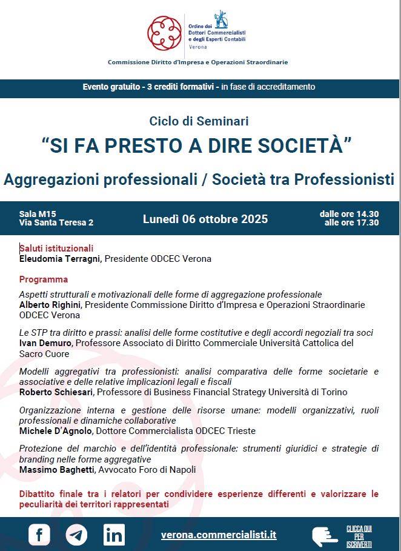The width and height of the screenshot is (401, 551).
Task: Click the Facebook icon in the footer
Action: [39, 534]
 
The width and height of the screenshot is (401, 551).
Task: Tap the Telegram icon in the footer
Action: [76, 534]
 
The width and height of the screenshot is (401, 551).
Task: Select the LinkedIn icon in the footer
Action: [114, 534]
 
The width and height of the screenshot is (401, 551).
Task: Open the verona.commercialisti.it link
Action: [219, 535]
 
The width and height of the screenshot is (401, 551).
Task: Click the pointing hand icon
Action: [324, 535]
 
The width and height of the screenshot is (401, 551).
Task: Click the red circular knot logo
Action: [164, 33]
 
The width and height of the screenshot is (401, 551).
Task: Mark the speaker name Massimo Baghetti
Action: [56, 470]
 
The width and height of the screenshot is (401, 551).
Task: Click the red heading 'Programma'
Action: [44, 279]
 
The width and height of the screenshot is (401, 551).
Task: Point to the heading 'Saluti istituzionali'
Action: [56, 248]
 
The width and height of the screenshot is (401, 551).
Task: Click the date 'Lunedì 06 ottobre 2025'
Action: [205, 219]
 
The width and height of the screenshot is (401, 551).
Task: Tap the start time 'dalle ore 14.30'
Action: [350, 214]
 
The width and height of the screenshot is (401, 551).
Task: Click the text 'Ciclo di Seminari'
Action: [199, 121]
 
